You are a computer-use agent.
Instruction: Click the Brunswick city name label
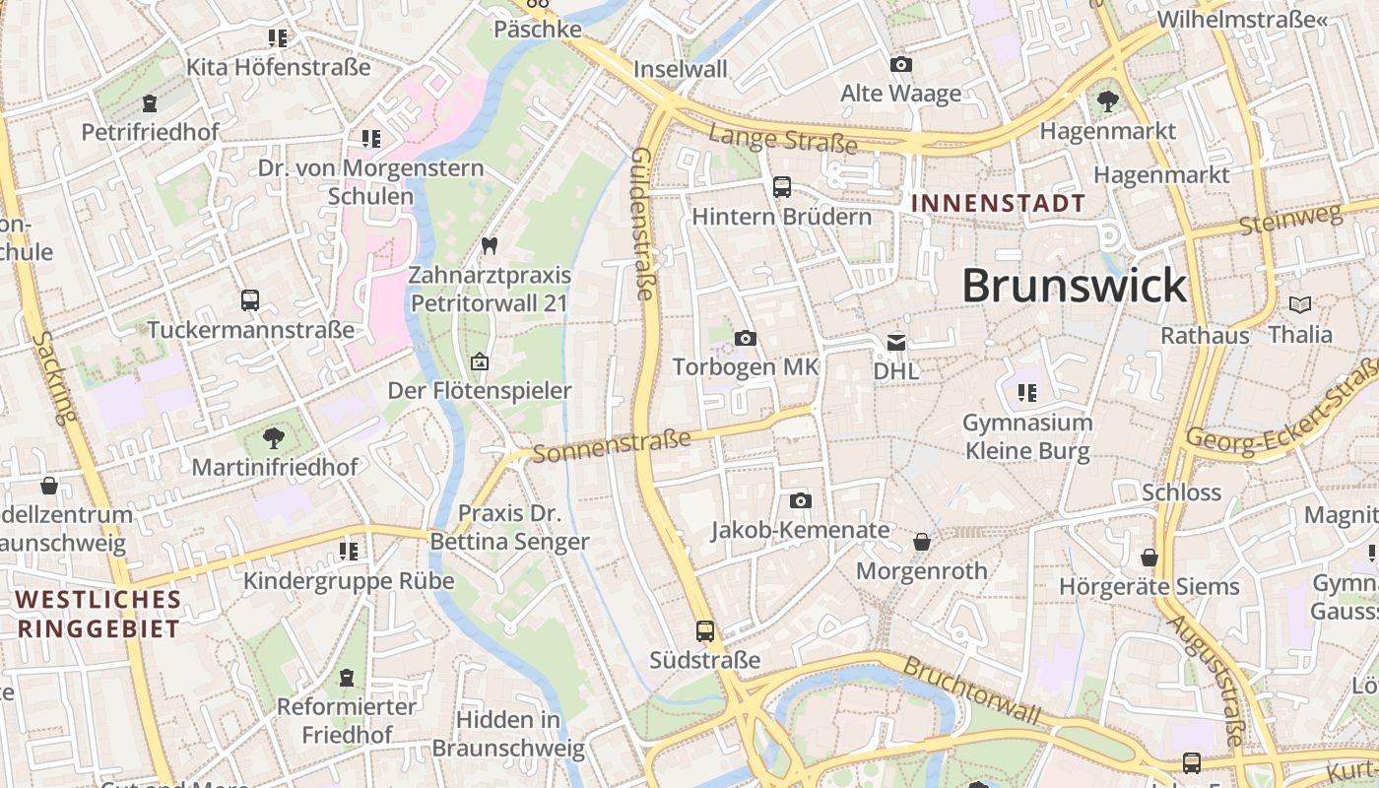[x=1074, y=286]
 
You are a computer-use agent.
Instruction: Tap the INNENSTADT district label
[x=999, y=204]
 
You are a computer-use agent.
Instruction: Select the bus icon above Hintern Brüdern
[x=782, y=186]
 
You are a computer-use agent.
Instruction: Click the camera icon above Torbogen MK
[x=746, y=338]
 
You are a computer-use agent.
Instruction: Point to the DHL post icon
[x=896, y=343]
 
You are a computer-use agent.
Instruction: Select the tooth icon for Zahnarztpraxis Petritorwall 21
[x=490, y=245]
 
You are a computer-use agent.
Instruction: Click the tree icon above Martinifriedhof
[x=274, y=438]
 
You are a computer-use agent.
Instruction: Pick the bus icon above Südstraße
[x=705, y=631]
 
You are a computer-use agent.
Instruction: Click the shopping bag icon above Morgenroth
[x=922, y=542]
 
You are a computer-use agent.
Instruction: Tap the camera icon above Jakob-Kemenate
[x=801, y=500]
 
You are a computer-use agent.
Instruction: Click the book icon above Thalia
[x=1300, y=304]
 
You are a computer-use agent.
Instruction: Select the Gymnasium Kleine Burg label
[x=1027, y=437]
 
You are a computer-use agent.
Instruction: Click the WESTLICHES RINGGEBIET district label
[x=98, y=614]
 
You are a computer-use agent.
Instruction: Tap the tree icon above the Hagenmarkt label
[x=1108, y=99]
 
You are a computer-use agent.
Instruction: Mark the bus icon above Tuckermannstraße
[x=250, y=300]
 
